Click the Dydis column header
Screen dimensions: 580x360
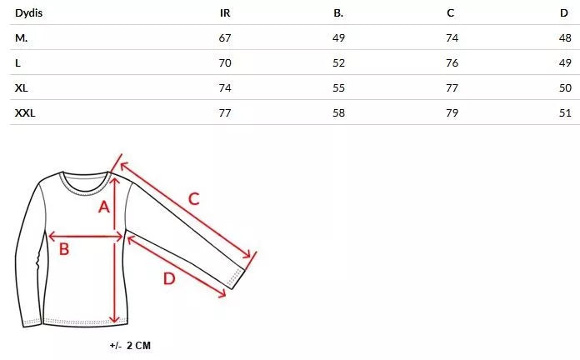pos(29,13)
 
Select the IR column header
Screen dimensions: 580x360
pos(225,13)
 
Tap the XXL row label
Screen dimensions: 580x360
pos(25,112)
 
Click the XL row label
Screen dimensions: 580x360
pos(22,88)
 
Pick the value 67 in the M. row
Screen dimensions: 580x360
pos(225,38)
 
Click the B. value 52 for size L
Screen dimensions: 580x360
pos(338,62)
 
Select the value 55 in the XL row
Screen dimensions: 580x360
pos(338,88)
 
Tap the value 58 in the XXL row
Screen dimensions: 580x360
pos(338,112)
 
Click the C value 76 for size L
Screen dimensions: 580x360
pos(452,62)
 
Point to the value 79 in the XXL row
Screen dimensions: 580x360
pos(452,112)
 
